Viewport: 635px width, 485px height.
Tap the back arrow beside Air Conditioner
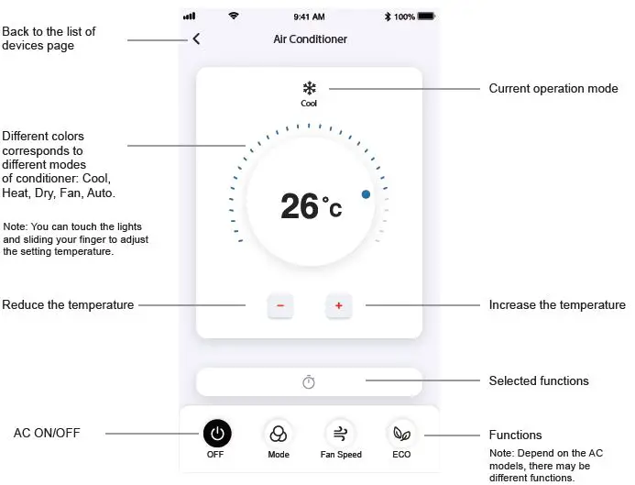pos(196,39)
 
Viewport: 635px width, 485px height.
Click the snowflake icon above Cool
pos(309,88)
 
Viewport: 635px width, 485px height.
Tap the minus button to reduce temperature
pos(280,306)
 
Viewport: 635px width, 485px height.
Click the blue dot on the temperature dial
pos(366,194)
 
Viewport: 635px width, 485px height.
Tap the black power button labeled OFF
pos(216,434)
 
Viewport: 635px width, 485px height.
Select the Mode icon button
pos(279,434)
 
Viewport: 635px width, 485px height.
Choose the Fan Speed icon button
pos(340,434)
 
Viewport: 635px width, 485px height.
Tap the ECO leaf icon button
pos(401,434)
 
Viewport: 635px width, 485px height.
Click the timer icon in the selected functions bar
pos(309,381)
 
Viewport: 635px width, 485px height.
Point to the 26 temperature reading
pos(300,206)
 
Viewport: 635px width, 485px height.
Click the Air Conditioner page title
pos(310,39)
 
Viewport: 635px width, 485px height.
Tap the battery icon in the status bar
pos(428,17)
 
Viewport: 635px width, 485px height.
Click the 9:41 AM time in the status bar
pos(309,17)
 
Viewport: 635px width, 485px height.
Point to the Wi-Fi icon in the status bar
pos(234,17)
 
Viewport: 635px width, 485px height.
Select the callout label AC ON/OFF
pos(47,433)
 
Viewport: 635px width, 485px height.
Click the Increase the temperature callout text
pos(557,305)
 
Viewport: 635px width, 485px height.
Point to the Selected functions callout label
pos(539,380)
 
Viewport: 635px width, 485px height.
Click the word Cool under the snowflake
pos(309,104)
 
